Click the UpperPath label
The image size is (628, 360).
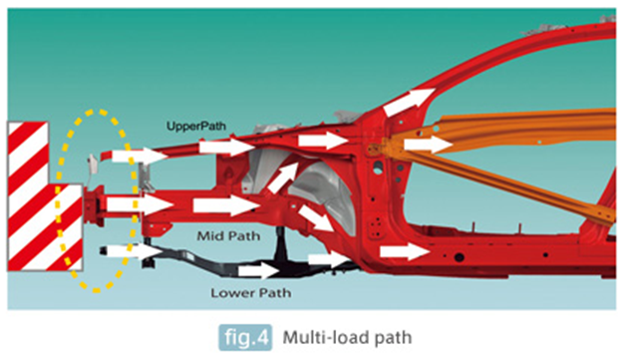196,127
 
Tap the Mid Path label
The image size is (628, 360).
228,235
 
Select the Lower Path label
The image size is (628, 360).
251,293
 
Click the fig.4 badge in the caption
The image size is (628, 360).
245,337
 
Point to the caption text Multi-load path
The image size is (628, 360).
347,337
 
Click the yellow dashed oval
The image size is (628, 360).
57,200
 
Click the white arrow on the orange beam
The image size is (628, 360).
429,145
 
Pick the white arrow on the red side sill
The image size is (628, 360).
405,251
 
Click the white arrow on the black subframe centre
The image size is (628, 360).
259,270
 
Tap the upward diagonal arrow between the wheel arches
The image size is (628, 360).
283,178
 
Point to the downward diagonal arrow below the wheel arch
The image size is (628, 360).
316,217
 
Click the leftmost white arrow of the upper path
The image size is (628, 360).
140,156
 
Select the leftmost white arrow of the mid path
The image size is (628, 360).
140,204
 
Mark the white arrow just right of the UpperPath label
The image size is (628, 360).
227,147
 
